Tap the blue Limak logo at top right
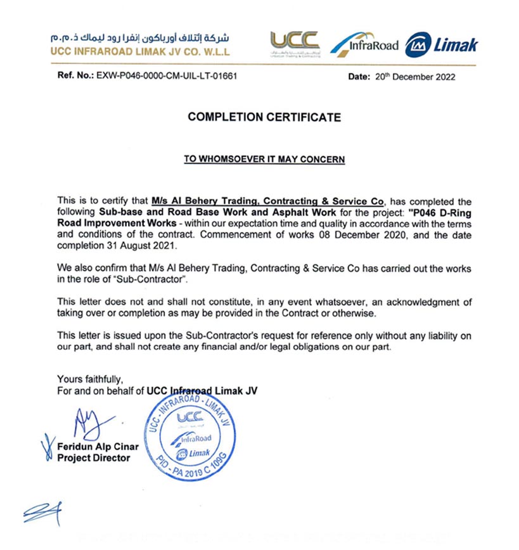point(441,44)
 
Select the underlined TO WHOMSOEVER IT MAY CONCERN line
point(264,159)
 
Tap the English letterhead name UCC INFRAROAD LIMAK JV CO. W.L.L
point(141,51)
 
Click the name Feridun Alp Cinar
point(97,447)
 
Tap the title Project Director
point(94,457)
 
